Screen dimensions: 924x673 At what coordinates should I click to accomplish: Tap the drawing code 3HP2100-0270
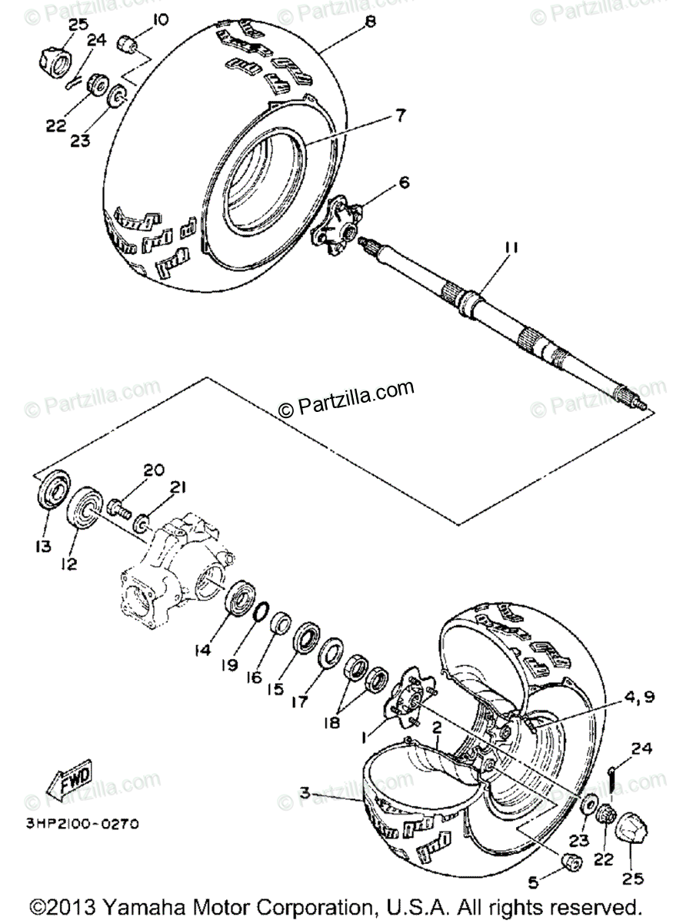click(x=83, y=824)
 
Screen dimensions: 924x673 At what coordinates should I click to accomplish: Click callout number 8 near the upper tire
click(x=371, y=22)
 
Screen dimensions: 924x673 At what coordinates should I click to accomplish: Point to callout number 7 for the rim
click(x=400, y=116)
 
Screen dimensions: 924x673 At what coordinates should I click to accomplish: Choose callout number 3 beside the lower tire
click(x=305, y=792)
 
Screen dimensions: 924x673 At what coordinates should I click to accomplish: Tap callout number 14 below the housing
click(x=202, y=651)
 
